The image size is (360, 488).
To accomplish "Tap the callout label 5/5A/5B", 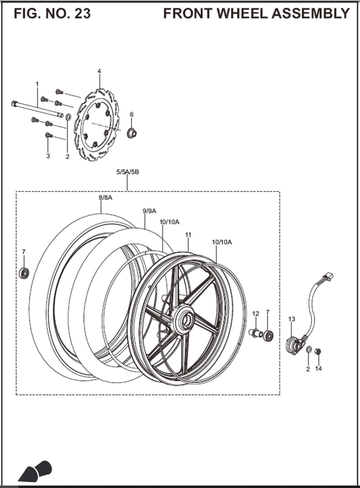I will pyautogui.click(x=127, y=172).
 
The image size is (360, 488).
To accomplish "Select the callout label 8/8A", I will pyautogui.click(x=106, y=198).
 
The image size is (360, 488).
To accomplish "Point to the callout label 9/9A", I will pyautogui.click(x=149, y=211).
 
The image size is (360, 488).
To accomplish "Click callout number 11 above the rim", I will pyautogui.click(x=188, y=235).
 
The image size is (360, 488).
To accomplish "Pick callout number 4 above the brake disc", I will pyautogui.click(x=99, y=71).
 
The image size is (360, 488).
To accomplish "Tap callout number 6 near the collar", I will pyautogui.click(x=132, y=114).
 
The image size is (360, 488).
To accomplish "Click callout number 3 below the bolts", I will pyautogui.click(x=48, y=156).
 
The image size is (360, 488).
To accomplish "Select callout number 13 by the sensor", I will pyautogui.click(x=292, y=319).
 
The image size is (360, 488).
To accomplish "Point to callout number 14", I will pyautogui.click(x=319, y=369).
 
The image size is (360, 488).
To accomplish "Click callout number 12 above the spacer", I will pyautogui.click(x=256, y=314).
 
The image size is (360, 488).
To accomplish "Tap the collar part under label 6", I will pyautogui.click(x=132, y=133).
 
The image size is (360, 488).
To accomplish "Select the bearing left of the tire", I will pyautogui.click(x=23, y=273).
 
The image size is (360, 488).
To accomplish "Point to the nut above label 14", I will pyautogui.click(x=318, y=351).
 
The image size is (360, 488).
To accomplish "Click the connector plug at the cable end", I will pyautogui.click(x=328, y=277).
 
